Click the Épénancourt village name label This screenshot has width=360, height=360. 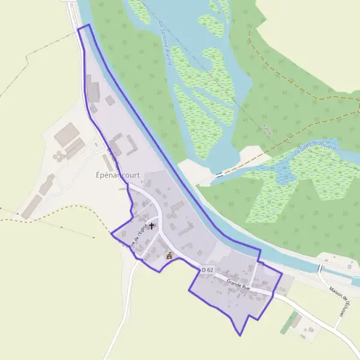point(118,176)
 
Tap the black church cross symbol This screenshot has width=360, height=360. point(151,226)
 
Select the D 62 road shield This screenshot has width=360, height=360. point(208,271)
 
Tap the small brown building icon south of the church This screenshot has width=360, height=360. point(169,256)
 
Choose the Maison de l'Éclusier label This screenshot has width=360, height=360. point(343,299)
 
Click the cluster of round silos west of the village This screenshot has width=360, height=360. point(59,156)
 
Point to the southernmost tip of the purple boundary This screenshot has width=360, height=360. point(240,335)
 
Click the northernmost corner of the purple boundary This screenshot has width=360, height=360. point(88,25)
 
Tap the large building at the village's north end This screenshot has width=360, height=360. point(92,90)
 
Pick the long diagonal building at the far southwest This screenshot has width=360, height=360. point(32,206)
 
